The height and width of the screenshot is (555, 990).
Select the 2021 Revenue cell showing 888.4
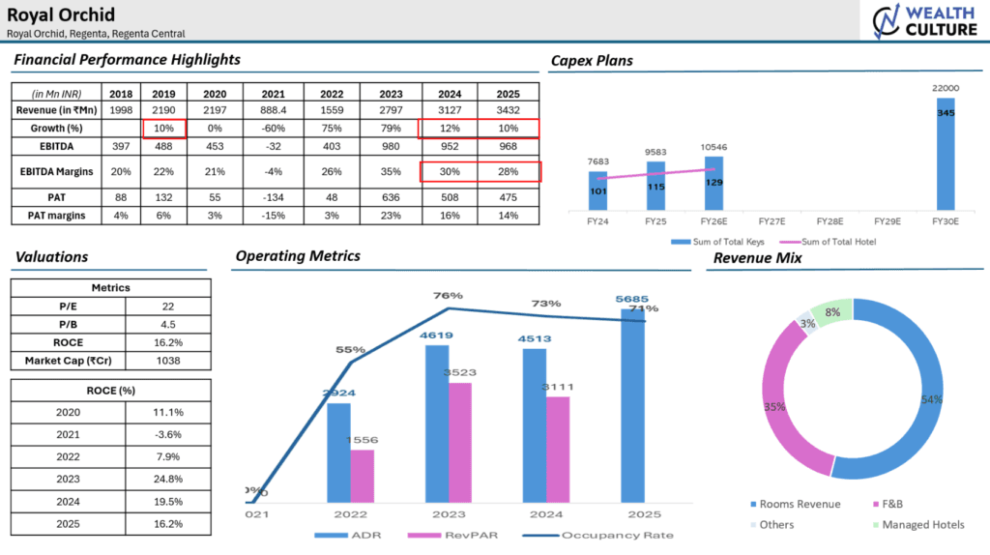coord(274,111)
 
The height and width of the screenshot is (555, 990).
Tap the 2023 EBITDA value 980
coord(392,147)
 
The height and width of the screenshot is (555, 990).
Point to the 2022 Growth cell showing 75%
coord(333,129)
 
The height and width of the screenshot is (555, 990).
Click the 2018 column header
coord(121,94)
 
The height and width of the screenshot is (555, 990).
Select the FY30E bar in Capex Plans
coord(946,154)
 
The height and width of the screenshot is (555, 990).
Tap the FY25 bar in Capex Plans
coord(655,185)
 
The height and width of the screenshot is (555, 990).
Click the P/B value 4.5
coord(168,324)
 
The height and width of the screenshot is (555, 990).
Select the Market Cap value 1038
coord(168,361)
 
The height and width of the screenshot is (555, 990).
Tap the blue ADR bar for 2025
coord(633,406)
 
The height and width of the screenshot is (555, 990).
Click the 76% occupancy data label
coord(448,296)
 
